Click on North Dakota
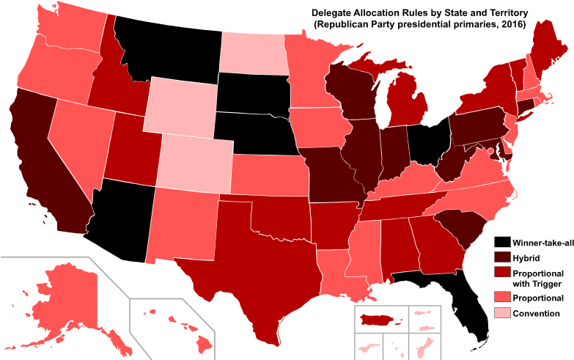(253, 53)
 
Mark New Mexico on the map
(183, 224)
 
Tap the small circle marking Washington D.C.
(490, 150)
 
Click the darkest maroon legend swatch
(502, 257)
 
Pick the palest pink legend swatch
(502, 313)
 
